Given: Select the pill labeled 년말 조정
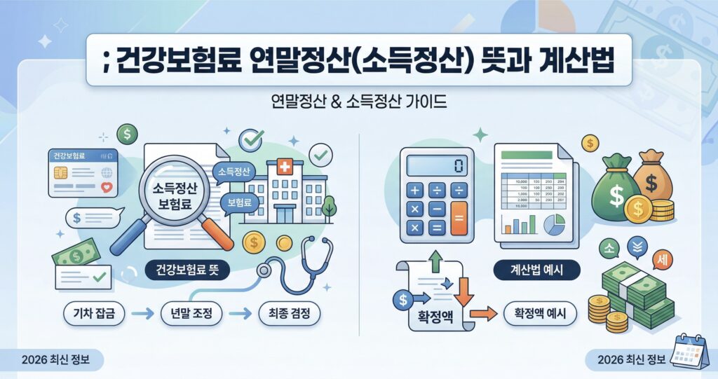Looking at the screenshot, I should (x=191, y=315).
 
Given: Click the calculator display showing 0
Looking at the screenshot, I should (x=435, y=166).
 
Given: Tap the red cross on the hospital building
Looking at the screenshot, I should (x=284, y=168).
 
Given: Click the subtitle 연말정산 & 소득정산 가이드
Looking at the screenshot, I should (x=358, y=103).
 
